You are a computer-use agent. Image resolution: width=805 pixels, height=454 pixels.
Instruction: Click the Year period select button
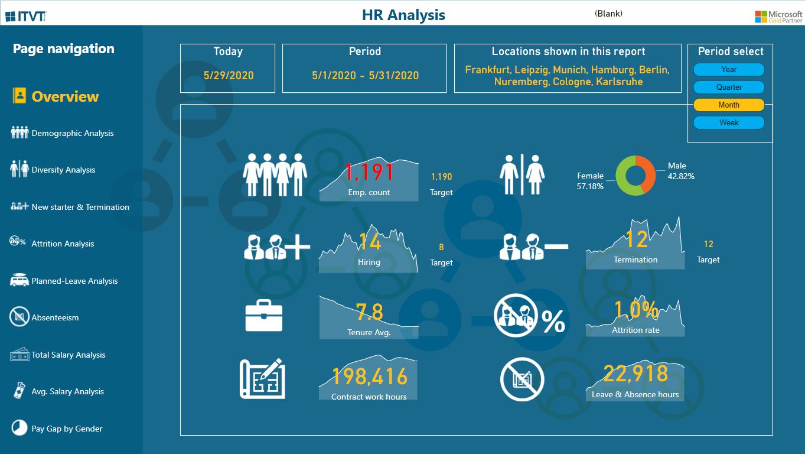pyautogui.click(x=729, y=69)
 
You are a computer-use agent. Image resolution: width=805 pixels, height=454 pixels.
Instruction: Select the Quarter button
pyautogui.click(x=729, y=87)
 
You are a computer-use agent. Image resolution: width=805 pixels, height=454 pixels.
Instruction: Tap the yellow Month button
pyautogui.click(x=729, y=105)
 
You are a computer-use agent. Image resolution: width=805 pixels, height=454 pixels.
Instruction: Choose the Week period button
pyautogui.click(x=729, y=122)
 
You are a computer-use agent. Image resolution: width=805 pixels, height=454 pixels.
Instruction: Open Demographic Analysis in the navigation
pyautogui.click(x=72, y=133)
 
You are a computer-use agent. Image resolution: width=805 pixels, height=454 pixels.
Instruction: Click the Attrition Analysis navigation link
pyautogui.click(x=63, y=244)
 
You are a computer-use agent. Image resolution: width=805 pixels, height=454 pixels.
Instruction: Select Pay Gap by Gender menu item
pyautogui.click(x=67, y=429)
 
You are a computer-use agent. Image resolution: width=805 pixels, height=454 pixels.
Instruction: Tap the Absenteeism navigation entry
pyautogui.click(x=55, y=317)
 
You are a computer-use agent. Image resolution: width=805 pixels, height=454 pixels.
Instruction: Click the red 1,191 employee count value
pyautogui.click(x=369, y=172)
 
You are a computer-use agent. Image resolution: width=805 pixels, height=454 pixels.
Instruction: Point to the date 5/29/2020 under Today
pyautogui.click(x=229, y=75)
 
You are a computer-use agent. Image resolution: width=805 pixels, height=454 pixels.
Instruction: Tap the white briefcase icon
pyautogui.click(x=264, y=316)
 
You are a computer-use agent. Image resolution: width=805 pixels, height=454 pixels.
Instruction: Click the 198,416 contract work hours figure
pyautogui.click(x=370, y=377)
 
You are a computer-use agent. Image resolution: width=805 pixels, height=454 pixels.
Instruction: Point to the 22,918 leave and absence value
pyautogui.click(x=635, y=373)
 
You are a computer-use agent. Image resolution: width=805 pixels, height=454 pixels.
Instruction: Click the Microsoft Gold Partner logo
pyautogui.click(x=778, y=17)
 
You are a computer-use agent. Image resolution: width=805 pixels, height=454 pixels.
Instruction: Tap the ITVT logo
pyautogui.click(x=26, y=16)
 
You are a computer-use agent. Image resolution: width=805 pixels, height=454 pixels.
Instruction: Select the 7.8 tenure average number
pyautogui.click(x=370, y=312)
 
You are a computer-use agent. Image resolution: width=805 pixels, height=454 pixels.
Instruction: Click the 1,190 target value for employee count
pyautogui.click(x=441, y=177)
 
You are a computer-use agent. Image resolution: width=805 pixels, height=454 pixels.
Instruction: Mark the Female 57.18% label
pyautogui.click(x=590, y=181)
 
